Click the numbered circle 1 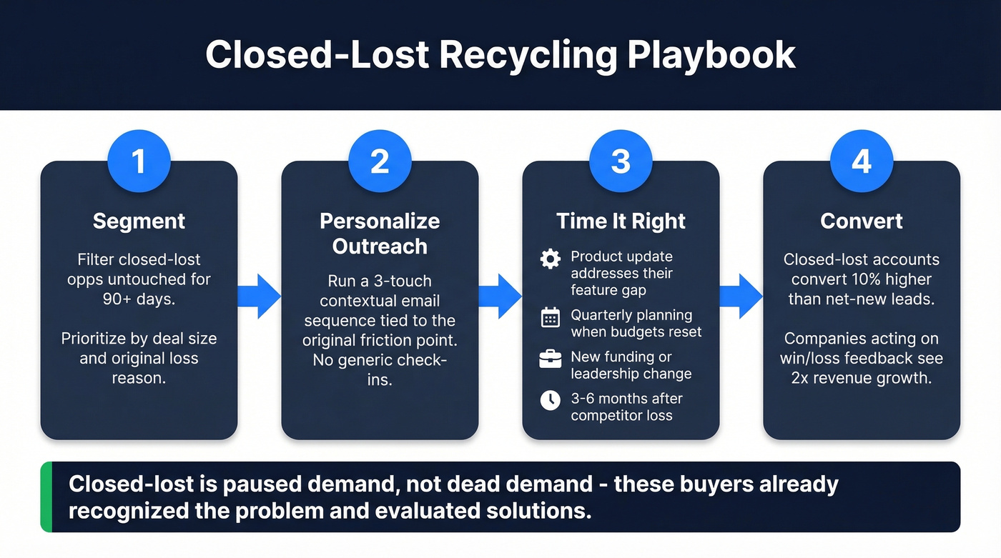click(x=139, y=161)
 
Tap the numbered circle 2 click(x=380, y=161)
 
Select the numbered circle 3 click(x=621, y=161)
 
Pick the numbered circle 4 click(x=862, y=161)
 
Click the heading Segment click(x=139, y=221)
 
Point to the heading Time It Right click(x=621, y=221)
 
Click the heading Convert click(x=862, y=221)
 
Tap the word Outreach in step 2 click(x=380, y=246)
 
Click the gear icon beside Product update click(x=550, y=259)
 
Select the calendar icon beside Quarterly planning click(x=550, y=317)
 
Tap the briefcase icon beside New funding click(x=550, y=359)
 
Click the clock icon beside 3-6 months click(x=550, y=400)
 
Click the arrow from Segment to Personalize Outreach click(x=260, y=296)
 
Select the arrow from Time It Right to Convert click(x=741, y=296)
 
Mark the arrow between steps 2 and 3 click(x=500, y=296)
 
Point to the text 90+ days click(x=139, y=299)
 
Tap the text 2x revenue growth click(x=862, y=378)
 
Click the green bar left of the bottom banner click(x=46, y=497)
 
